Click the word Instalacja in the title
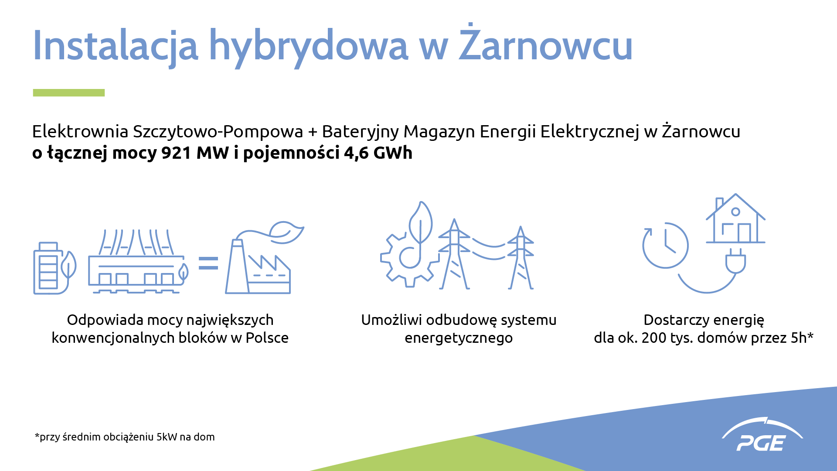coord(116,45)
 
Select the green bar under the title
coord(69,92)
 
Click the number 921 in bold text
coord(176,153)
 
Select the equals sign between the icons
coord(208,263)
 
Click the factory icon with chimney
coord(264,258)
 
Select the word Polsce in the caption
coord(267,338)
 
